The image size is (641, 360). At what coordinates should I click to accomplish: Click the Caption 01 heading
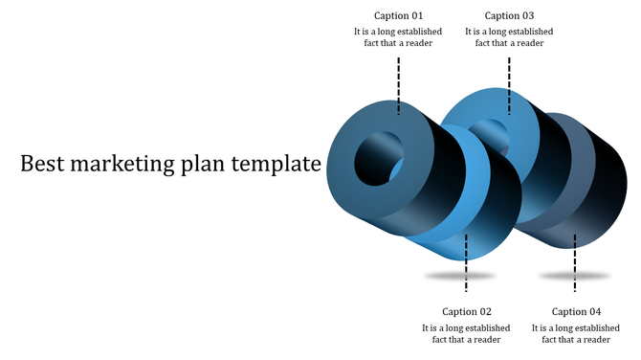(x=397, y=15)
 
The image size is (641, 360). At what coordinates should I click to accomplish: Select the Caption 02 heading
(x=467, y=311)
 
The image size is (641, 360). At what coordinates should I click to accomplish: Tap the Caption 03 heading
(x=509, y=15)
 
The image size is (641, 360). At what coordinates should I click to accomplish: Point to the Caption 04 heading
(x=577, y=311)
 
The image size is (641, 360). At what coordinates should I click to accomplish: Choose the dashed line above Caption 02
(x=466, y=263)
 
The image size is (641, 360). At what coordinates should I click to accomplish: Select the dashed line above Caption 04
(x=575, y=263)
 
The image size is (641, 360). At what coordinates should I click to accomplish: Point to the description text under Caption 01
(x=397, y=37)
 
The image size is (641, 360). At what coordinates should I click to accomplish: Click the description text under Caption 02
(x=467, y=333)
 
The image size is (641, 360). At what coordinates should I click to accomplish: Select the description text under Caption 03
(x=509, y=37)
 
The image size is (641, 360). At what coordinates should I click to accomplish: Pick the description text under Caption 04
(x=577, y=333)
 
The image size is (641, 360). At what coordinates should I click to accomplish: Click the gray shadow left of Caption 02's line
(x=445, y=277)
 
